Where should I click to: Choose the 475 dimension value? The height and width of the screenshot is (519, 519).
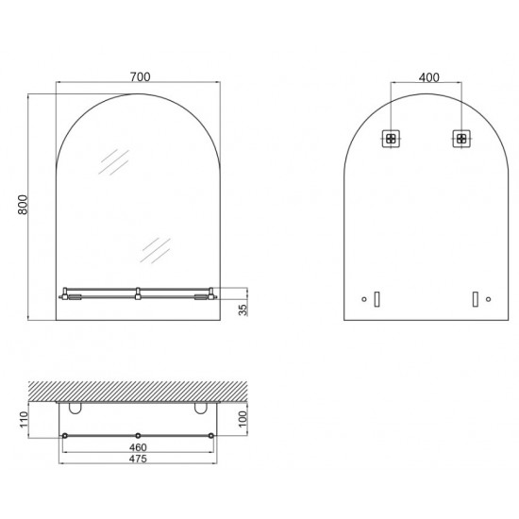coord(137,460)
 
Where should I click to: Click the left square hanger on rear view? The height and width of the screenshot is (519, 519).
coord(389,139)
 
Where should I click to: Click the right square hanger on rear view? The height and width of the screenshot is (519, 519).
coord(460,139)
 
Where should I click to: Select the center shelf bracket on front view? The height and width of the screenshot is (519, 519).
coord(137,293)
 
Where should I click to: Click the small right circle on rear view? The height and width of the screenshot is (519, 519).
coord(488,299)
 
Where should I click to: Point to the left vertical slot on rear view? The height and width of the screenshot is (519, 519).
coord(376,299)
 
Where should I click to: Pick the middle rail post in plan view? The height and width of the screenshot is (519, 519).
coord(137,434)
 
